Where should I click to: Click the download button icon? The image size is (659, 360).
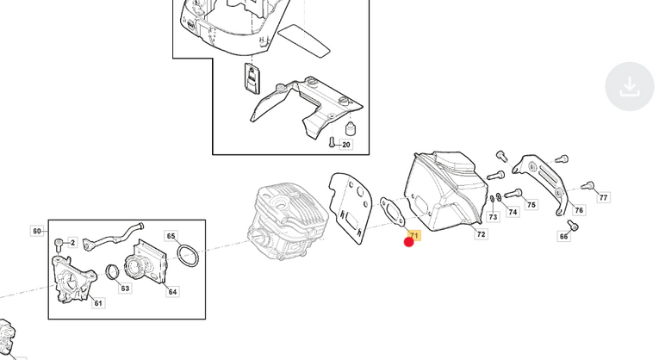(629, 86)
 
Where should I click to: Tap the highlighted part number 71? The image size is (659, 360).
(414, 235)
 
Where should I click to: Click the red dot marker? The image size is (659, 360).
(408, 242)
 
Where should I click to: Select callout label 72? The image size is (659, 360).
(482, 234)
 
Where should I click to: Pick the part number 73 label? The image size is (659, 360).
(493, 217)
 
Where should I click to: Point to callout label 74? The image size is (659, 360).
(513, 212)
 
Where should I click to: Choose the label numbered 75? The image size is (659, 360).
(532, 205)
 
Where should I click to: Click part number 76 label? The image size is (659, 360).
(579, 210)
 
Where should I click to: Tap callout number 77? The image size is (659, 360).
(604, 197)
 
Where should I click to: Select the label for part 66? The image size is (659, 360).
(563, 236)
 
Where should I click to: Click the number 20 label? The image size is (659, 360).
(346, 145)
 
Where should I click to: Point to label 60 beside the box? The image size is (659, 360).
(37, 231)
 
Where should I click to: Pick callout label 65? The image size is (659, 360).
(171, 236)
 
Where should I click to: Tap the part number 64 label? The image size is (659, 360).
(173, 291)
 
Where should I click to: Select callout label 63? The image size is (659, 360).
(125, 289)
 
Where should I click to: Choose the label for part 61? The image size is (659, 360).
(98, 303)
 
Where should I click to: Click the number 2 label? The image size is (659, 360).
(72, 242)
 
